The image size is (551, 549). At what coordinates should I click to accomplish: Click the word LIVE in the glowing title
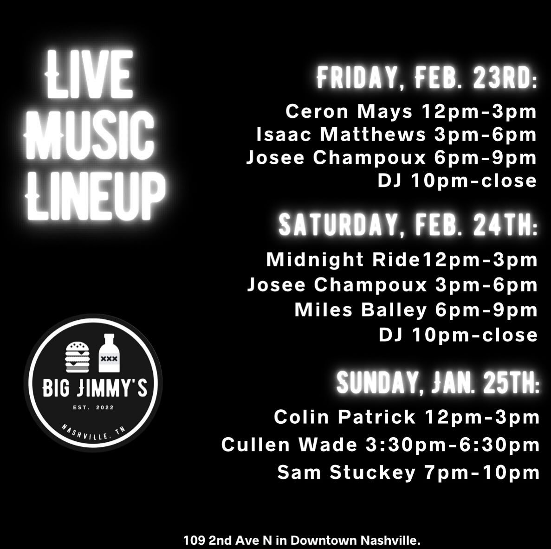click(89, 74)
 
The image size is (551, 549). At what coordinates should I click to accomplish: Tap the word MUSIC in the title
click(89, 135)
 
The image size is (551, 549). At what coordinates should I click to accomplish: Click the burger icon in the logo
click(78, 357)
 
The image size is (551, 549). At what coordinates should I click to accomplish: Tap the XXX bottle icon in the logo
click(109, 353)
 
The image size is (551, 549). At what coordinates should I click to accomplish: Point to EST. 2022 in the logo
click(93, 407)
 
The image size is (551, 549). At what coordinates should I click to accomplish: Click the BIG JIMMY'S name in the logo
click(95, 388)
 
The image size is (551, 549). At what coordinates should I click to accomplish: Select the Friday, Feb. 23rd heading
click(427, 78)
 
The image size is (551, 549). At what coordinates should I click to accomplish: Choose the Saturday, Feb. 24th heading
click(408, 225)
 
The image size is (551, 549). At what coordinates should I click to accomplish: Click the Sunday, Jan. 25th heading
click(437, 382)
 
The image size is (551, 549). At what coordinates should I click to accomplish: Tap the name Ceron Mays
click(349, 111)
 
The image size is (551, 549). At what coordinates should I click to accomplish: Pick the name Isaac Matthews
click(341, 135)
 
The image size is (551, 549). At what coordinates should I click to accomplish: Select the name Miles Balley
click(361, 310)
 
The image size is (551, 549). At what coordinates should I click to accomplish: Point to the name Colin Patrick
click(344, 417)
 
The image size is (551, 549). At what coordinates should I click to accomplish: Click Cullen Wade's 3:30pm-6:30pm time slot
click(453, 445)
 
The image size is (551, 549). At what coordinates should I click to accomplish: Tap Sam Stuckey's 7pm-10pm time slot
click(482, 472)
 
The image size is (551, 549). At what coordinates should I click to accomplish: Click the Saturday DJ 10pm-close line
click(458, 335)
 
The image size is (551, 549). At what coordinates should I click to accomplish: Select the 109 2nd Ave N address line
click(302, 540)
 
